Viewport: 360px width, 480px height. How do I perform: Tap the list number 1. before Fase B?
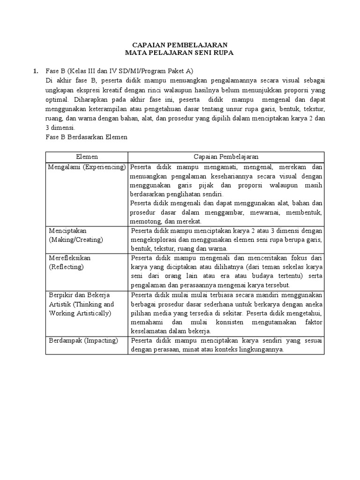pos(35,71)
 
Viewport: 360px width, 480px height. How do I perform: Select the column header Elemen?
pos(87,157)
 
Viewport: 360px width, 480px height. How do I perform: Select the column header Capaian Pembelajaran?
pos(226,157)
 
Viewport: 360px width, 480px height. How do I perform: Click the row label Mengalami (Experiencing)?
pos(87,167)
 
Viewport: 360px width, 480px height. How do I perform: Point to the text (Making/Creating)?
pos(76,240)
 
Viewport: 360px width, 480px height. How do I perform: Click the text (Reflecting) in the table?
pos(66,267)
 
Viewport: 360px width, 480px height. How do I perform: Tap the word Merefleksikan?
pos(70,258)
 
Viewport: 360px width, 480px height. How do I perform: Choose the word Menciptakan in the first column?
pos(68,231)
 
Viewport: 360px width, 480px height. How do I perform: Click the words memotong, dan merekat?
pos(166,221)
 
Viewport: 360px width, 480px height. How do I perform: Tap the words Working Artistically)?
pos(80,313)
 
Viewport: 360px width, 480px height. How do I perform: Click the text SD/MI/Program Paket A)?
pos(154,71)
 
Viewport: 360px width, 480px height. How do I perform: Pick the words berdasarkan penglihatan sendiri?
pos(177,194)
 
